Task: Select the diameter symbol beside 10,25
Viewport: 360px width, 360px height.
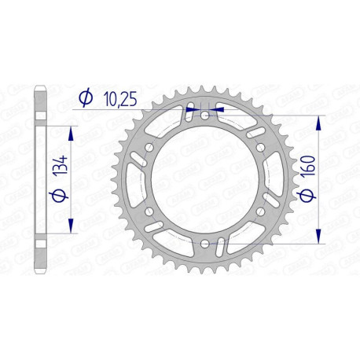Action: tap(86, 97)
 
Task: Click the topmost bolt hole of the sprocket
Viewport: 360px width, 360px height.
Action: tap(204, 116)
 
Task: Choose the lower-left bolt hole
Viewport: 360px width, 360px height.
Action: tap(149, 213)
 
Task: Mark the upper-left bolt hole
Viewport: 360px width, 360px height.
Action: tap(149, 148)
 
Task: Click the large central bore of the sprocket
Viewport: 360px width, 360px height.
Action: tap(204, 180)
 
